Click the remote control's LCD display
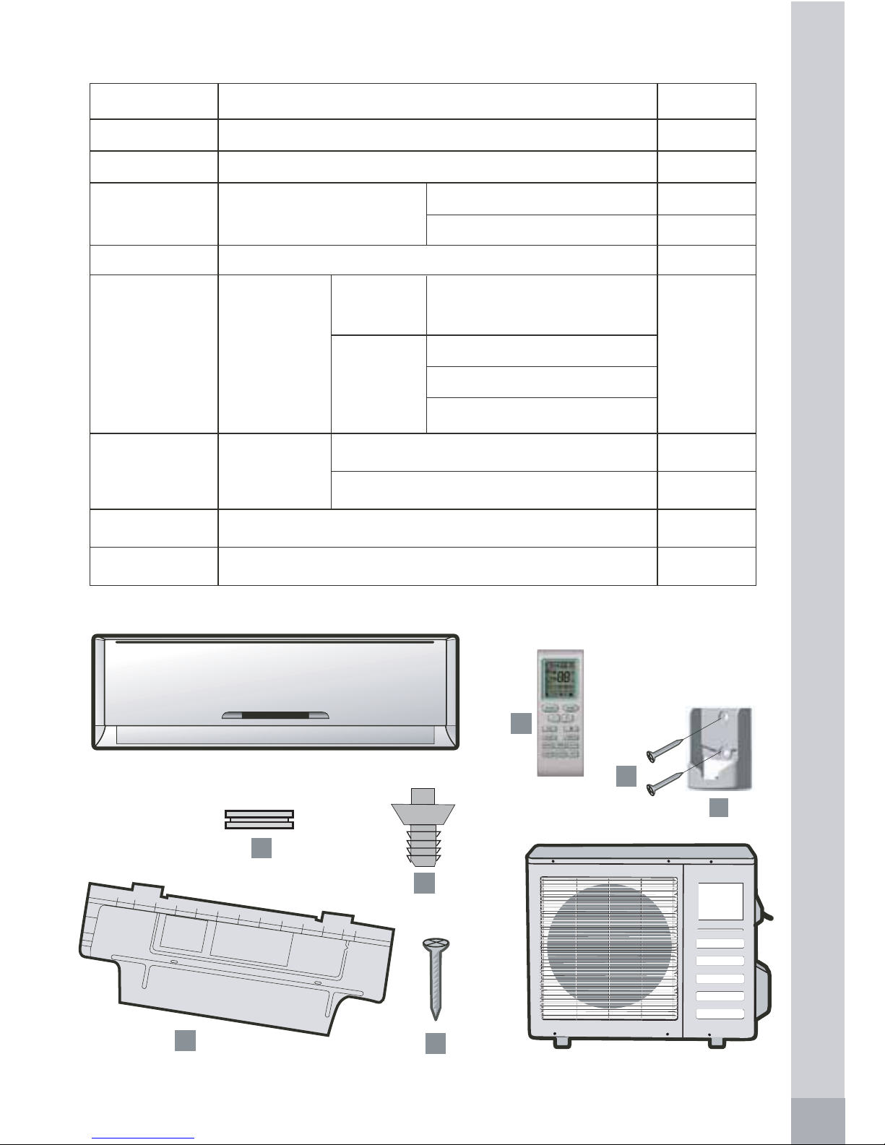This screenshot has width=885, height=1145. (x=560, y=677)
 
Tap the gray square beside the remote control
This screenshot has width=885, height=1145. (x=521, y=723)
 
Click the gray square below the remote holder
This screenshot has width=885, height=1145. (x=718, y=807)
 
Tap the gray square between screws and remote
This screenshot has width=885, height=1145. (x=626, y=776)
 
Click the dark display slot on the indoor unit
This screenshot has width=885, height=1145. (x=275, y=715)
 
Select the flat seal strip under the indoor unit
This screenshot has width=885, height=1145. (x=259, y=819)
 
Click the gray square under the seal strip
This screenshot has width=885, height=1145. (x=261, y=848)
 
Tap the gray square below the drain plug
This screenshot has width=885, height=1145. (x=424, y=883)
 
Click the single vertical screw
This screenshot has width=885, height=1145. (x=435, y=975)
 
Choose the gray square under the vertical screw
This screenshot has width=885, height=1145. (x=435, y=1043)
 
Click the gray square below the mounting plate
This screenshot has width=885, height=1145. (x=185, y=1040)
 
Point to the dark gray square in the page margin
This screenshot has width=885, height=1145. (x=818, y=1120)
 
